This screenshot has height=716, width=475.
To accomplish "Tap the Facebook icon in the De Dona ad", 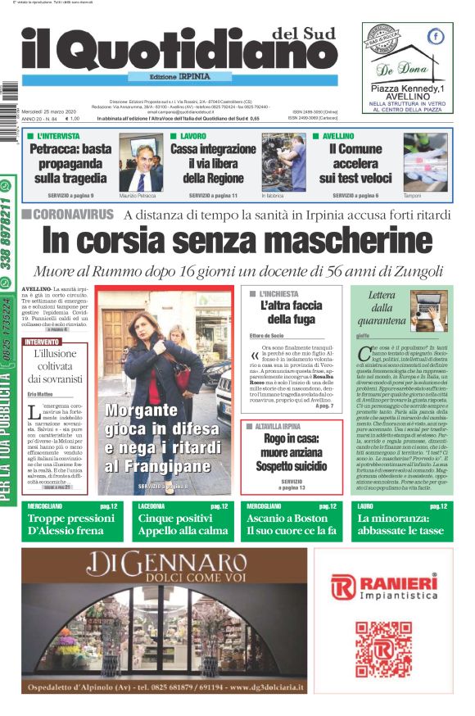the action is (437, 36).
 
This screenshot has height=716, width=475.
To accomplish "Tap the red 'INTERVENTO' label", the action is (42, 341).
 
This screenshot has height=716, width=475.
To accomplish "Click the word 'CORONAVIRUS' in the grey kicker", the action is (74, 215).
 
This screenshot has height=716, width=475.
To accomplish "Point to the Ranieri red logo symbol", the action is (343, 587).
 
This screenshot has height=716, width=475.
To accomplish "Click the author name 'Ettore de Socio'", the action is (267, 337).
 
